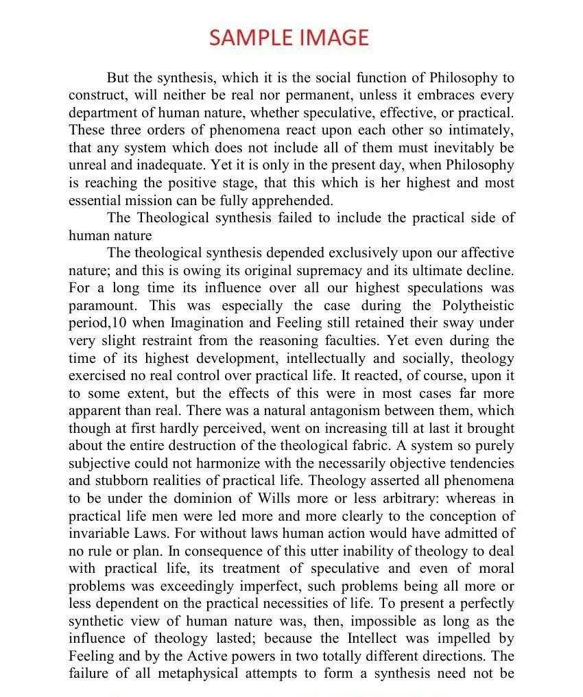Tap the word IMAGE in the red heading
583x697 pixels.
click(335, 37)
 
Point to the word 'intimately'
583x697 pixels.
click(479, 130)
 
